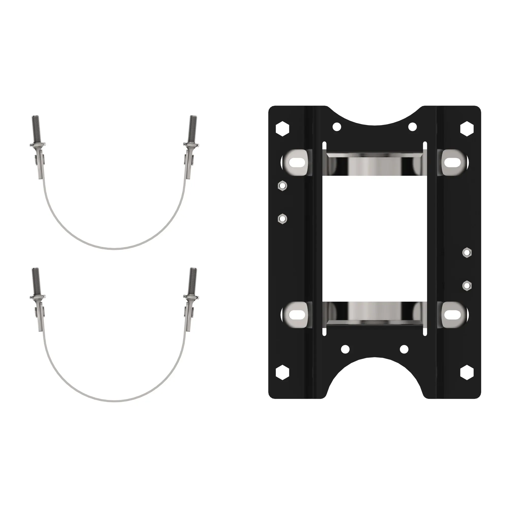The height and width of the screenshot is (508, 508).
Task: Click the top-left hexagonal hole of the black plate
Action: (x=282, y=129)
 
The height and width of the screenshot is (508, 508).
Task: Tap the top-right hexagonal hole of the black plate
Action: (x=467, y=129)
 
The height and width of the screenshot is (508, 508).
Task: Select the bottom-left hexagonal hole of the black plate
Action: (x=282, y=372)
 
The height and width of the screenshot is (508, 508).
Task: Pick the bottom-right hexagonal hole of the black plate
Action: (x=467, y=372)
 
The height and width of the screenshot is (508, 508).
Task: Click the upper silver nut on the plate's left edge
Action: (x=282, y=186)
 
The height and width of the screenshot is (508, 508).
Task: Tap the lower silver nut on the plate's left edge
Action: (x=282, y=218)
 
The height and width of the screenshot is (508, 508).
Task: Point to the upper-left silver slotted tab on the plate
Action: (x=297, y=162)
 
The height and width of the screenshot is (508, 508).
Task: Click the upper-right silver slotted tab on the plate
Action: (x=452, y=162)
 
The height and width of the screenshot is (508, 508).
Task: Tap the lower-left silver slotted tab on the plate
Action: (x=297, y=314)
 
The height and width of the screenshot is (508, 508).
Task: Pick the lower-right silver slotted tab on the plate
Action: (x=452, y=314)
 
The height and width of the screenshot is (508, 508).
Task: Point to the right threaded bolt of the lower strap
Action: (x=193, y=281)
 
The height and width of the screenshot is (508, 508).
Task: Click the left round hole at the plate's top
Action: (x=337, y=127)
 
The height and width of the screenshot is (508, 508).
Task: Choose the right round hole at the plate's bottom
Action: (x=404, y=349)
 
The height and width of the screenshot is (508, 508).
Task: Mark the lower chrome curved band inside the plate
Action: (x=374, y=312)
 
